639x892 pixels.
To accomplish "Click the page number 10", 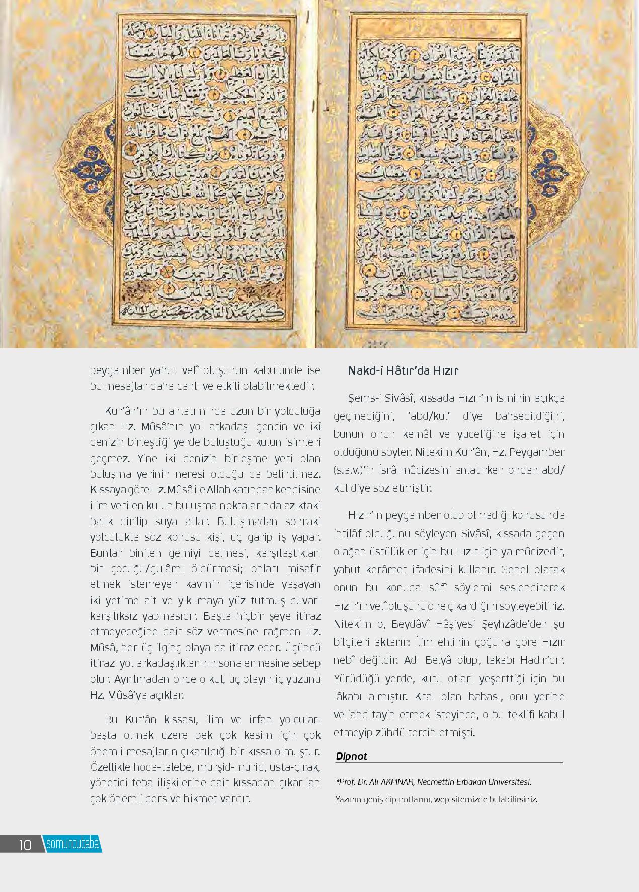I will pyautogui.click(x=25, y=844).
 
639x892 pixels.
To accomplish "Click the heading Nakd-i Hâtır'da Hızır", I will pyautogui.click(x=404, y=371).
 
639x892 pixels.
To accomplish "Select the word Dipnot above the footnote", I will pyautogui.click(x=351, y=756).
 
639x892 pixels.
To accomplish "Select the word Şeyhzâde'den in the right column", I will pyautogui.click(x=511, y=624).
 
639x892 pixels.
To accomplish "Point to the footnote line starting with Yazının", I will pyautogui.click(x=436, y=799).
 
